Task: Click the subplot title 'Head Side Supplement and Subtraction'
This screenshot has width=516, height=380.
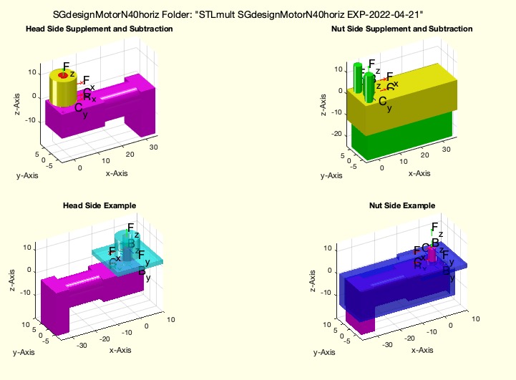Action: [x=99, y=29]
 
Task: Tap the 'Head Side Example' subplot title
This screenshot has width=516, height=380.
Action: [x=99, y=206]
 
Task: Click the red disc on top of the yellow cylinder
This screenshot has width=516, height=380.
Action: [x=63, y=75]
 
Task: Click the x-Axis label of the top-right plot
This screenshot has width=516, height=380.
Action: [x=419, y=173]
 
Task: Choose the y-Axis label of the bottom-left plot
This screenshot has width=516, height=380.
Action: [x=24, y=351]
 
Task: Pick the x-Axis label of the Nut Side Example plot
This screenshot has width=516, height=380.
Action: [x=421, y=351]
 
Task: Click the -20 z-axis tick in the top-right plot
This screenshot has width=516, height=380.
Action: [x=336, y=133]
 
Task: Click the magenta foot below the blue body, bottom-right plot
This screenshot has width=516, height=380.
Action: [x=360, y=322]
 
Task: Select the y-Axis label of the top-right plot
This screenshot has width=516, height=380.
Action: [x=331, y=175]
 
